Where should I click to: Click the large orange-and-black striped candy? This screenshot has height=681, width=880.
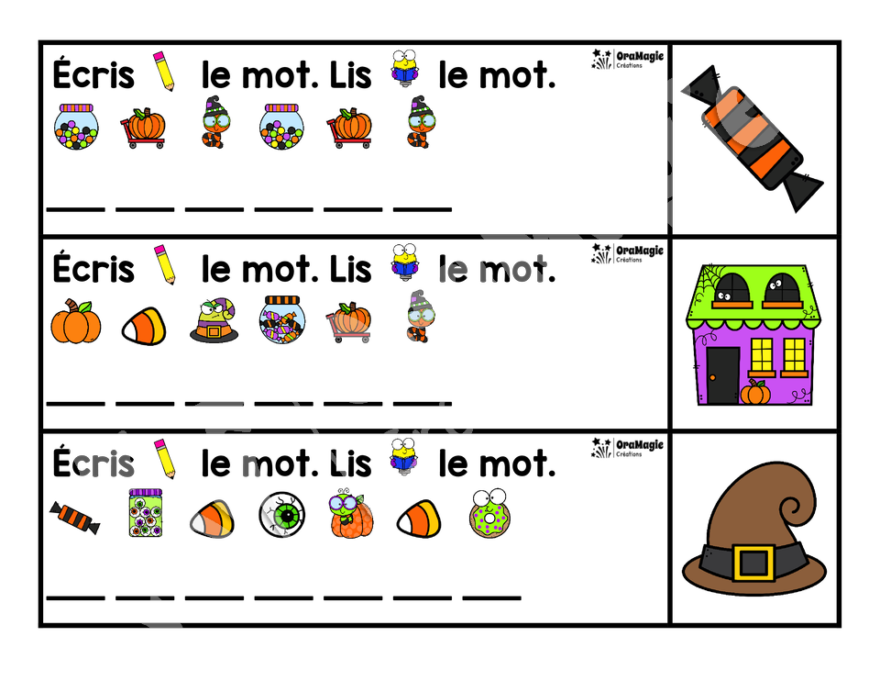pos(752,139)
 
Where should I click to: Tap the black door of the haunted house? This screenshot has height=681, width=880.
pos(723,374)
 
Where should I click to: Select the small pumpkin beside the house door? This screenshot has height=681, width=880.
pos(755,392)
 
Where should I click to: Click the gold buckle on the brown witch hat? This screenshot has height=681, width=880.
pos(753,562)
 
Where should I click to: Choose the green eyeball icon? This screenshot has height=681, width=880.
pos(282,514)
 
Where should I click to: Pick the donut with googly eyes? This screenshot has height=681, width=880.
pos(489,514)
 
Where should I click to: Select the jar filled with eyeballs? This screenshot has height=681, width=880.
pos(146,512)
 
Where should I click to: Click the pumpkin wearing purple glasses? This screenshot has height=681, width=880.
pos(350,514)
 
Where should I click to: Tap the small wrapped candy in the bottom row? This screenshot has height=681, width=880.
pos(74,518)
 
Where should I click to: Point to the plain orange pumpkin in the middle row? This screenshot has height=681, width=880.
pos(76,321)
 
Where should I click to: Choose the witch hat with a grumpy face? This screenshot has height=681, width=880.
pos(214,320)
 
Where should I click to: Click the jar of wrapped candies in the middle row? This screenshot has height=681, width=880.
pos(282,319)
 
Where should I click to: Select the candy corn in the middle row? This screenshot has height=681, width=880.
pos(145,325)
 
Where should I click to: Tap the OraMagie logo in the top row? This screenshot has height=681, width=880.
pos(627,59)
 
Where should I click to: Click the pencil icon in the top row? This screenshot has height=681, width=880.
pos(164,71)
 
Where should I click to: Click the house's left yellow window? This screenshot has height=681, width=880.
pos(761,356)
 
